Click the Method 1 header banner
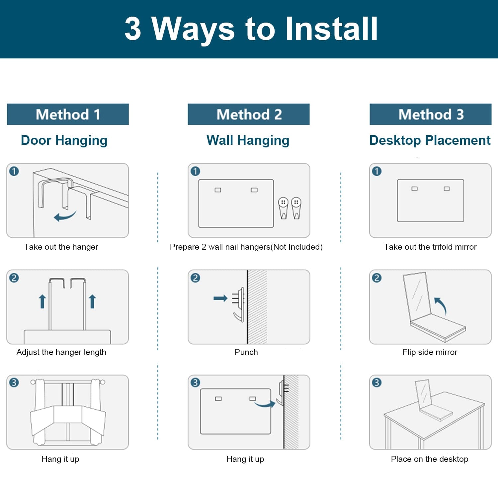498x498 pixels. click(x=68, y=114)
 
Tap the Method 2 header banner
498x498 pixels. click(x=249, y=114)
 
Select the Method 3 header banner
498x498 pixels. click(x=431, y=114)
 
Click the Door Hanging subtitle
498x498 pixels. click(x=64, y=140)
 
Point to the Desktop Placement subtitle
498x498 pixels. click(x=430, y=140)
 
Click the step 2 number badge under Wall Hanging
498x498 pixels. click(x=196, y=278)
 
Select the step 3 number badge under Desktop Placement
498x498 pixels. click(x=377, y=382)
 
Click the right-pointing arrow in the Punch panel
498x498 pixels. click(x=220, y=298)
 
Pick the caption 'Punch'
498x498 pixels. click(x=246, y=352)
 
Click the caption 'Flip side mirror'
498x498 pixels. click(x=430, y=352)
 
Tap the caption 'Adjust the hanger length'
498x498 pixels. click(x=61, y=352)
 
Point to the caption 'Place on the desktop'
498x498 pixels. click(x=430, y=459)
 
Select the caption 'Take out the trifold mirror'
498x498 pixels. click(x=430, y=247)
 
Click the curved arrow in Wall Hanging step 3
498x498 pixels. click(x=265, y=403)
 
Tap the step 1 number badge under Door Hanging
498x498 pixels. click(x=14, y=171)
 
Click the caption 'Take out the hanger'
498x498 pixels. click(x=61, y=247)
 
